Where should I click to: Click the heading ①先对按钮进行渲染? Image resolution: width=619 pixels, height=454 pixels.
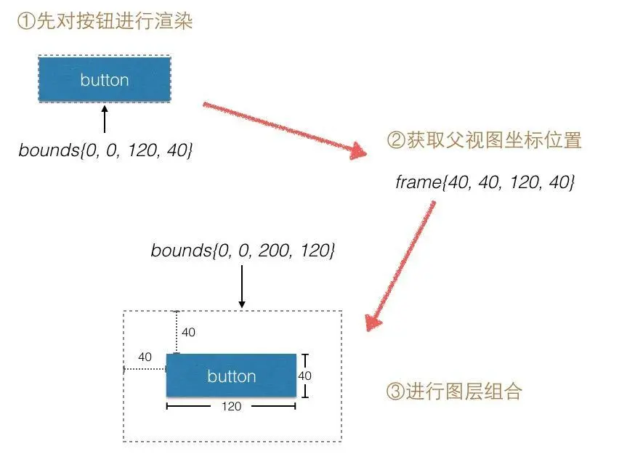tap(105, 22)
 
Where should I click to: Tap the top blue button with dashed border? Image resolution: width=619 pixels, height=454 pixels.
tap(105, 79)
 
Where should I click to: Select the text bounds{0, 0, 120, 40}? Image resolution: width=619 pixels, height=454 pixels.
tap(105, 150)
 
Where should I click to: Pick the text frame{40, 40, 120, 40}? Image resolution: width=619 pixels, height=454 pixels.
tap(485, 182)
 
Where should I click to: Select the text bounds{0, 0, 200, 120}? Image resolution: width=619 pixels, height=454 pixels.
tap(243, 251)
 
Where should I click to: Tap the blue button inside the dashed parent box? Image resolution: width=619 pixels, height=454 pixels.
tap(231, 376)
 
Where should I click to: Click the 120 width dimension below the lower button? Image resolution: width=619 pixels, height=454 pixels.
tap(231, 407)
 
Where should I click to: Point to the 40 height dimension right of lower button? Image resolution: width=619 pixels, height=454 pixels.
tap(305, 376)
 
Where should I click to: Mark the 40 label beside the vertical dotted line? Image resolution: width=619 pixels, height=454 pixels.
tap(188, 333)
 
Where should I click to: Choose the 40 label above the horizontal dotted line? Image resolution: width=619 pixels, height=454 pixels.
tap(145, 357)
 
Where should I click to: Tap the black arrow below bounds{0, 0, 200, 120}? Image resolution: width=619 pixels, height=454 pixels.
tap(242, 285)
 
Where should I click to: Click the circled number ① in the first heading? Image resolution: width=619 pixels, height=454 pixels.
tap(25, 22)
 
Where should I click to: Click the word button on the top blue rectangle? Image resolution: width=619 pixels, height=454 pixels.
tap(105, 80)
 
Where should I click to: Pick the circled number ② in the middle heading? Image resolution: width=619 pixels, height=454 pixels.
tap(396, 141)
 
